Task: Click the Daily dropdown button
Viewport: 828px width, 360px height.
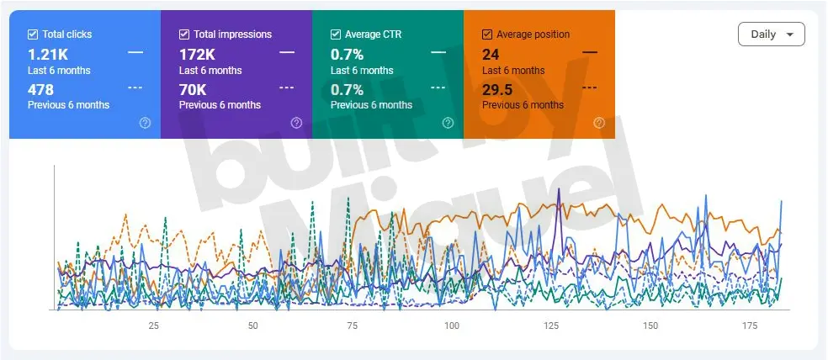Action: click(x=771, y=34)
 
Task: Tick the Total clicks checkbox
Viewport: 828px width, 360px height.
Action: click(x=33, y=34)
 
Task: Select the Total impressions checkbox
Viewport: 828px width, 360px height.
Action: click(x=184, y=34)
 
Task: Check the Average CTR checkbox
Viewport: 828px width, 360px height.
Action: click(x=336, y=34)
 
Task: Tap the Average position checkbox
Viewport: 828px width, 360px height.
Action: click(x=487, y=34)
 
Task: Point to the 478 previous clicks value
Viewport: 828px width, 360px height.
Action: click(x=40, y=89)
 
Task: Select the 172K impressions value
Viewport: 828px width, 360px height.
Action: click(x=199, y=55)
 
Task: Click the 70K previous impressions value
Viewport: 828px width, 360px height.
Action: click(x=194, y=89)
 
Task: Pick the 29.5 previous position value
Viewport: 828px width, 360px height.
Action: click(x=498, y=89)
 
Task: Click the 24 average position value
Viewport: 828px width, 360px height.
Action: click(x=491, y=55)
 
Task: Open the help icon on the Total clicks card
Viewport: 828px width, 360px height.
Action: click(x=145, y=123)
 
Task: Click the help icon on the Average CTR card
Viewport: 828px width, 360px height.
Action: click(x=448, y=123)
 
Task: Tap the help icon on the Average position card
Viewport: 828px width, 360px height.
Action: click(x=599, y=123)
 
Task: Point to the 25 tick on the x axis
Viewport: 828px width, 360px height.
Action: click(x=154, y=326)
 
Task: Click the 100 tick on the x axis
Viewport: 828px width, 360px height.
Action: click(x=452, y=326)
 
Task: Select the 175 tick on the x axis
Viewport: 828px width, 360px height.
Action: click(x=750, y=326)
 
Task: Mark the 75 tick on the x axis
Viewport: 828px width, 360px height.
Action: click(x=353, y=326)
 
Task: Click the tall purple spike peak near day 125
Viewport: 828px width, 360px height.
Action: click(x=559, y=189)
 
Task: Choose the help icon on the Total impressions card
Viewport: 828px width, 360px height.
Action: click(x=296, y=123)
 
